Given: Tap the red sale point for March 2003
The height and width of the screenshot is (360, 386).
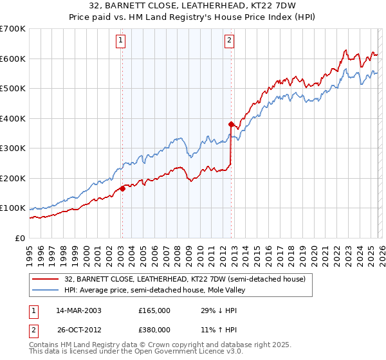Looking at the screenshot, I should tap(122, 188).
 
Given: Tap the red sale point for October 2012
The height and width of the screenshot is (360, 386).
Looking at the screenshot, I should tap(230, 124).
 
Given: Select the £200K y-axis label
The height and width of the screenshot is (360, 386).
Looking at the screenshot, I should tap(13, 178).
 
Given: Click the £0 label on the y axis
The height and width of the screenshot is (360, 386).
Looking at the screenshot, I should tap(21, 238).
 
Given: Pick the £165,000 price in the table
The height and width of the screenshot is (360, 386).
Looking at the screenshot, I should tap(154, 310).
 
